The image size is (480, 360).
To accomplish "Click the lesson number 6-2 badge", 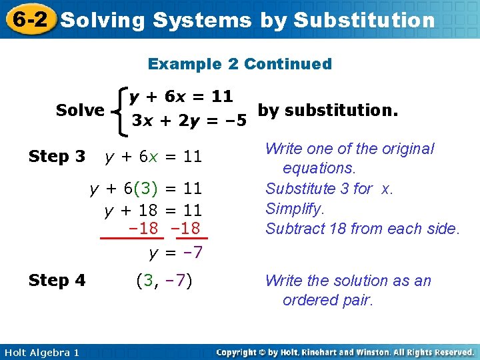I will click(x=29, y=19).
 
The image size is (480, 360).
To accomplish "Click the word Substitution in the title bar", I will click(x=363, y=20).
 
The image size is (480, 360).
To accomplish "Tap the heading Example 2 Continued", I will click(x=239, y=64).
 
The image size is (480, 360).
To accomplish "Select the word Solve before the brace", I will click(x=80, y=109).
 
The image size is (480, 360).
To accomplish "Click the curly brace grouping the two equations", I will click(x=121, y=109).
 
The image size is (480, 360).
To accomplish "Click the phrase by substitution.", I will click(x=327, y=109).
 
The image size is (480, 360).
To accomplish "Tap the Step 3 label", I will click(x=57, y=157).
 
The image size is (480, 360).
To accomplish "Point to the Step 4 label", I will click(x=57, y=280).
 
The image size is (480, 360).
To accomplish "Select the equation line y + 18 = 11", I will click(x=153, y=211).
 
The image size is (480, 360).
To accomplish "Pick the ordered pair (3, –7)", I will click(x=163, y=280).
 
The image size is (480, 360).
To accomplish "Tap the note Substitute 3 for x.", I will click(x=329, y=189).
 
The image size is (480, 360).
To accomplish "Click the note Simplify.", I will click(x=295, y=209).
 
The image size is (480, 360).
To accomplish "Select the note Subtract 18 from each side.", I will click(x=363, y=229).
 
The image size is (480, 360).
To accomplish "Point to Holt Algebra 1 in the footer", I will click(x=41, y=352).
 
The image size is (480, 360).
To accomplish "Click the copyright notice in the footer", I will click(x=345, y=352).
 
